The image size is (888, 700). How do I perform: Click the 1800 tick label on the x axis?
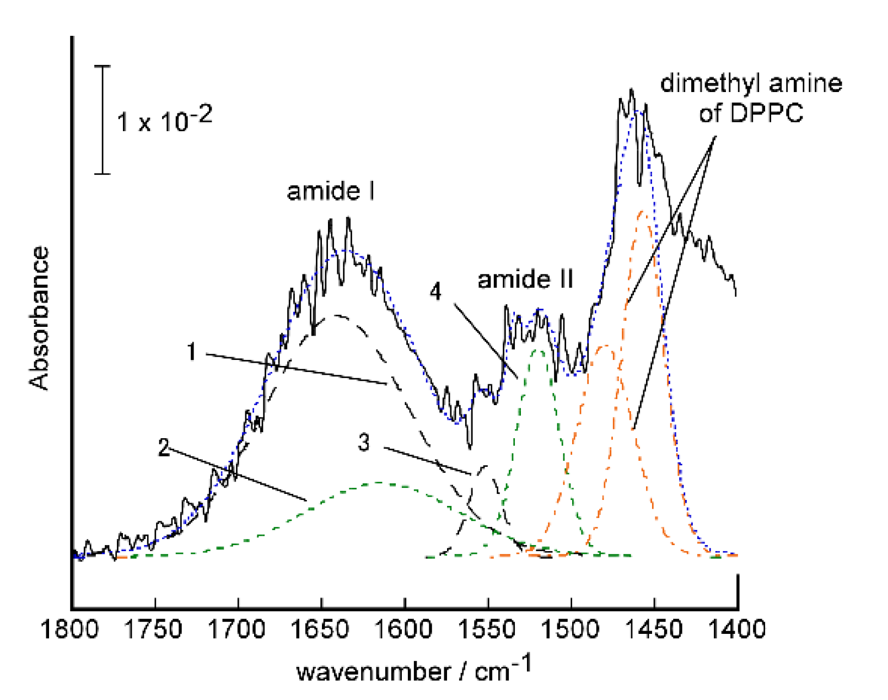pos(70,629)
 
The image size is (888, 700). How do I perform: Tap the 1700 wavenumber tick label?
pos(238,629)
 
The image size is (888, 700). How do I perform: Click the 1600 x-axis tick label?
pos(405,629)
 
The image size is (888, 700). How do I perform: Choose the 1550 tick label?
pos(488,629)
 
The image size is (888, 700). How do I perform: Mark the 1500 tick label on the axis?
pos(571,629)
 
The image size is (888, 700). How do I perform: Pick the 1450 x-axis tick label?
pos(654,629)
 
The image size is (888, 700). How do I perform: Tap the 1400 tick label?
pos(737,629)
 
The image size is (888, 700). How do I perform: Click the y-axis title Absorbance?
pos(40,319)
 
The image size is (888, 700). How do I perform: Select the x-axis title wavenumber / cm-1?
pos(414,670)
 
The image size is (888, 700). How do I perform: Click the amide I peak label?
pos(331,191)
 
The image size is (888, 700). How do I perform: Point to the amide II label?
pos(525,279)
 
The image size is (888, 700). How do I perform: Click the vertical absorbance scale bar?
pos(103,120)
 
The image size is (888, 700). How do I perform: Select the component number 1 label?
pos(191,352)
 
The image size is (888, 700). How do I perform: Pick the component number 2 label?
pos(164,448)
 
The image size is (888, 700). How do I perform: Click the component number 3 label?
pos(364,443)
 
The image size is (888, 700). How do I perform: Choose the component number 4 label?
pos(435,292)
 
